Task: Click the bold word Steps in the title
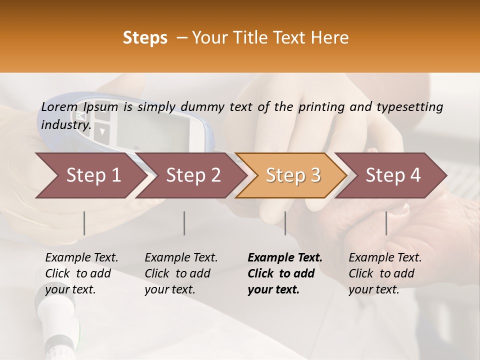coord(145,38)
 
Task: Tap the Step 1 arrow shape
coord(90,175)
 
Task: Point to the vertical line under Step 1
coord(84,223)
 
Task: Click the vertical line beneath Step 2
coord(184,223)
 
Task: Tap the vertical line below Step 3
coord(285,223)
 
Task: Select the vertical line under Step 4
coord(386,223)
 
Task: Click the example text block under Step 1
coord(81,273)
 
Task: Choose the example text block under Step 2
coord(181,273)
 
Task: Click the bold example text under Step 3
coord(285,273)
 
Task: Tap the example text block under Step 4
coord(385,273)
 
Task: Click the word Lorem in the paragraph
coord(59,106)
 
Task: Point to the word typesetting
coord(414,107)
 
